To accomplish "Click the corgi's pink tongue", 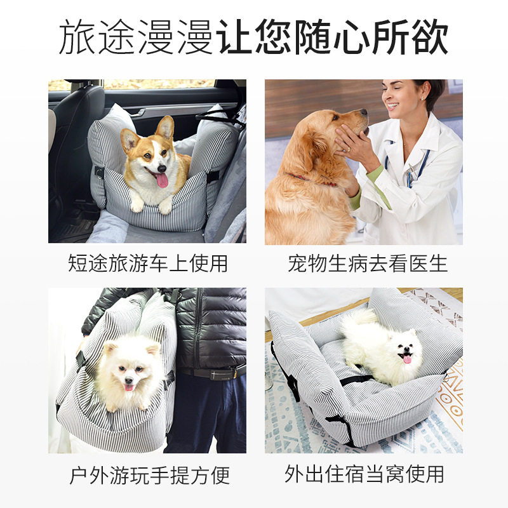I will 161,180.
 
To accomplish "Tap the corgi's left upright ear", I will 131,140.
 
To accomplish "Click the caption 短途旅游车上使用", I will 147,263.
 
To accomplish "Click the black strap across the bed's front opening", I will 359,380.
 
